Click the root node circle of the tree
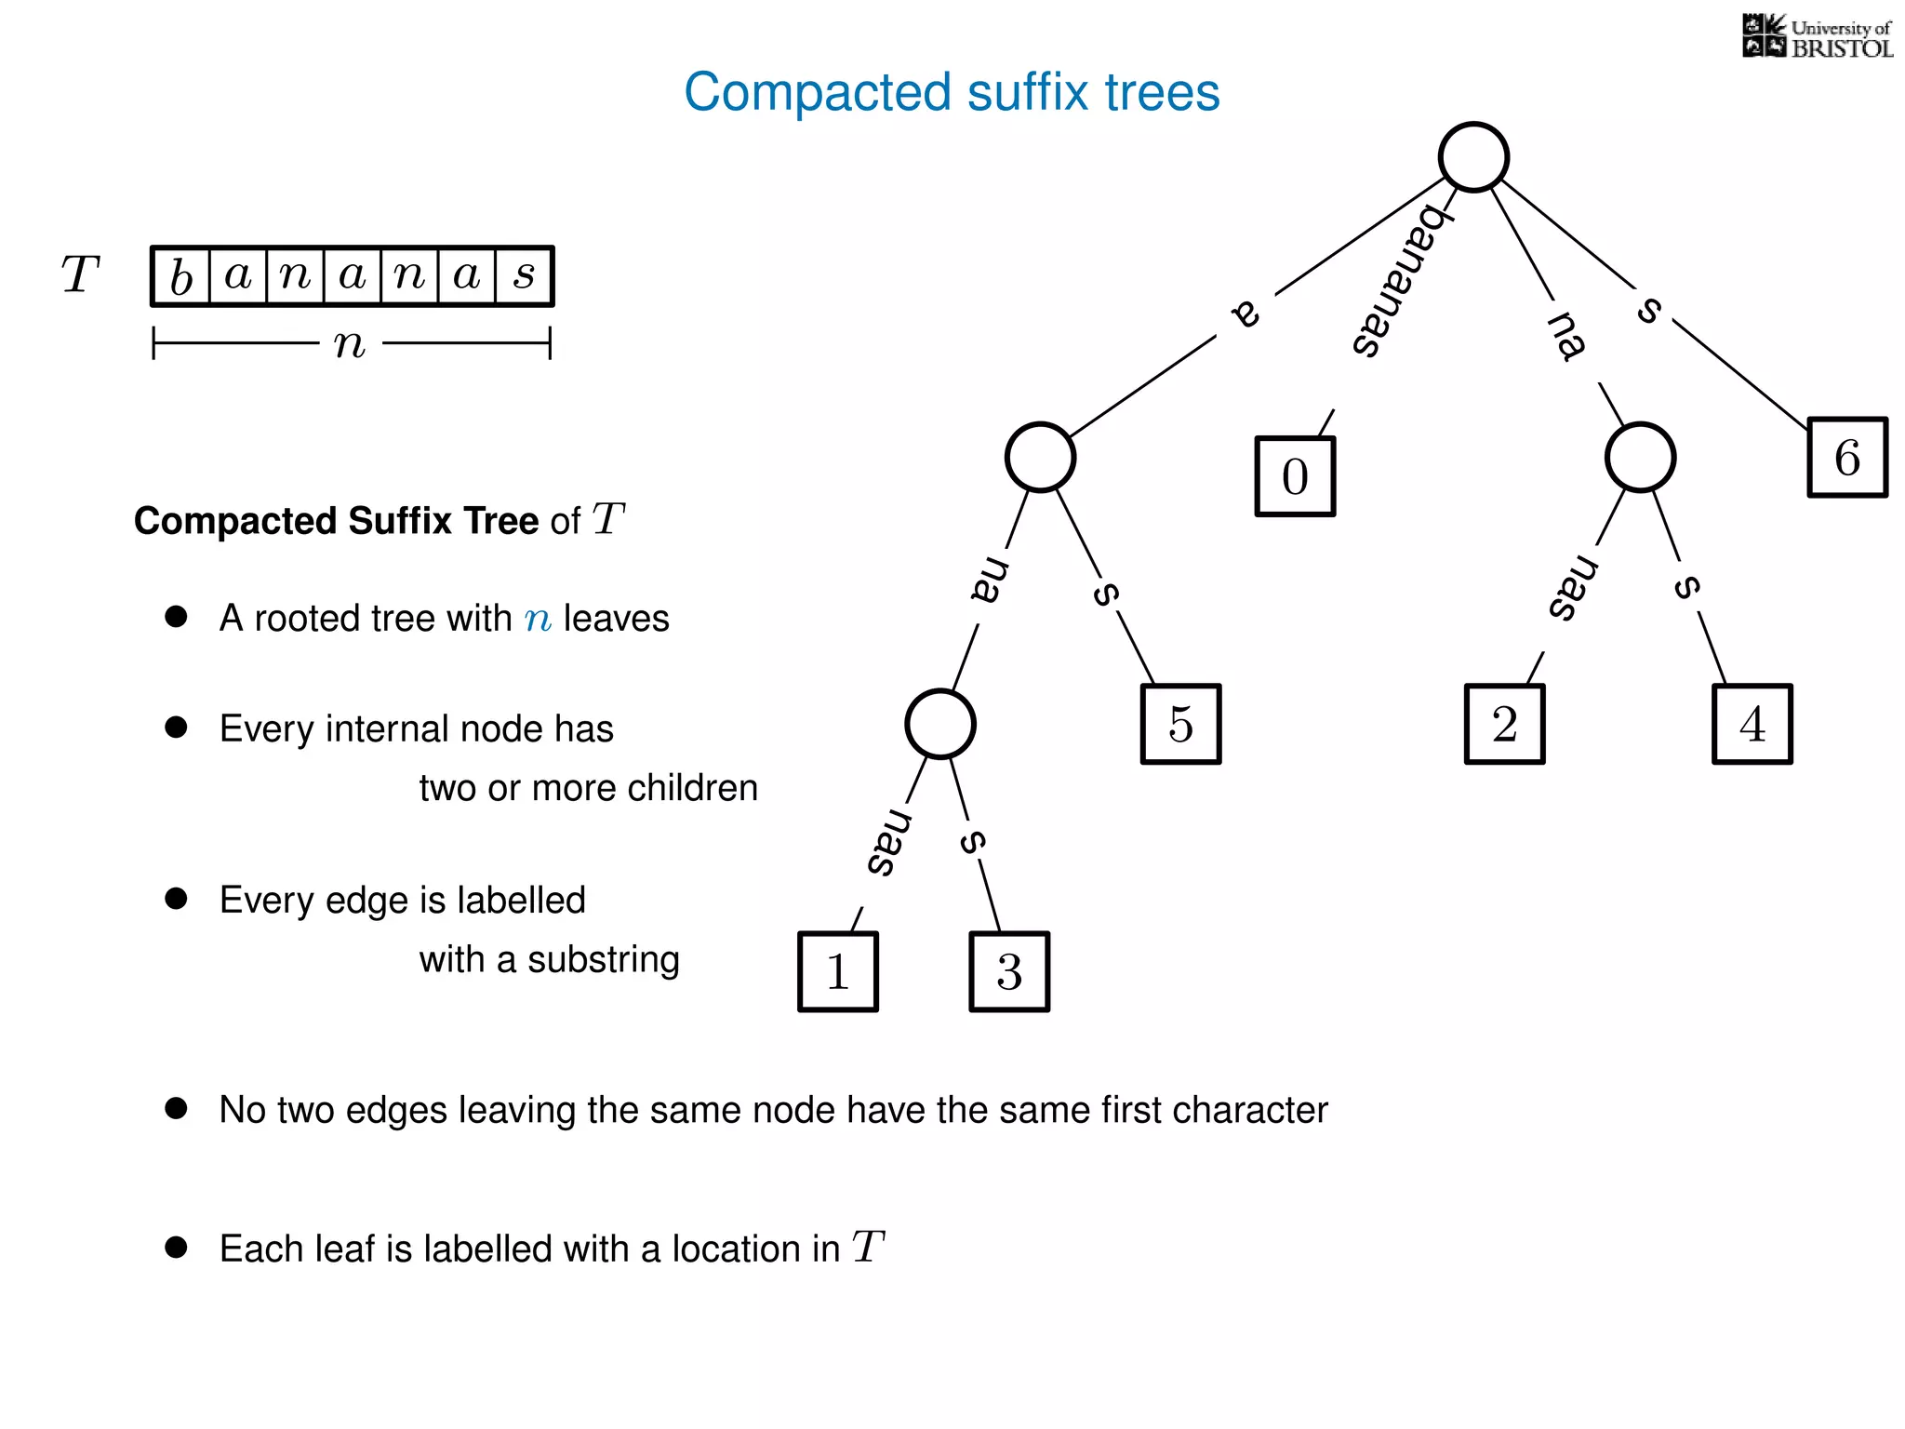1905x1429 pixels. click(1473, 157)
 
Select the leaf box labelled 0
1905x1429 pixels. click(1295, 476)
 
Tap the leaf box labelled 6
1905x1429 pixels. click(1847, 458)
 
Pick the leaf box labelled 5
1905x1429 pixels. click(1180, 724)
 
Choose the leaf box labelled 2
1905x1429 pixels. click(1504, 724)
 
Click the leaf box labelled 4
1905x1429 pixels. click(1752, 724)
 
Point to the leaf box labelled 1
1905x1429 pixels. click(838, 971)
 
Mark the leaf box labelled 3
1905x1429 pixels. click(1009, 971)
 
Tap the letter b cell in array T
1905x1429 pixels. click(181, 276)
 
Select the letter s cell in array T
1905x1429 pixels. click(525, 276)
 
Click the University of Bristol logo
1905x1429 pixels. click(1817, 37)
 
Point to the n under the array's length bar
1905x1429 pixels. click(350, 344)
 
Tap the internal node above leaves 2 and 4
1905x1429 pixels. click(1640, 457)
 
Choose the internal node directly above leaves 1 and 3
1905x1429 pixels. click(939, 724)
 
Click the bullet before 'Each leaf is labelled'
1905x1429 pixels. click(176, 1248)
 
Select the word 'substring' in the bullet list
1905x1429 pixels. click(603, 960)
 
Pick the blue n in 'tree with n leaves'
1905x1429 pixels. click(538, 620)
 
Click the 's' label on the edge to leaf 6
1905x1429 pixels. click(1649, 309)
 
